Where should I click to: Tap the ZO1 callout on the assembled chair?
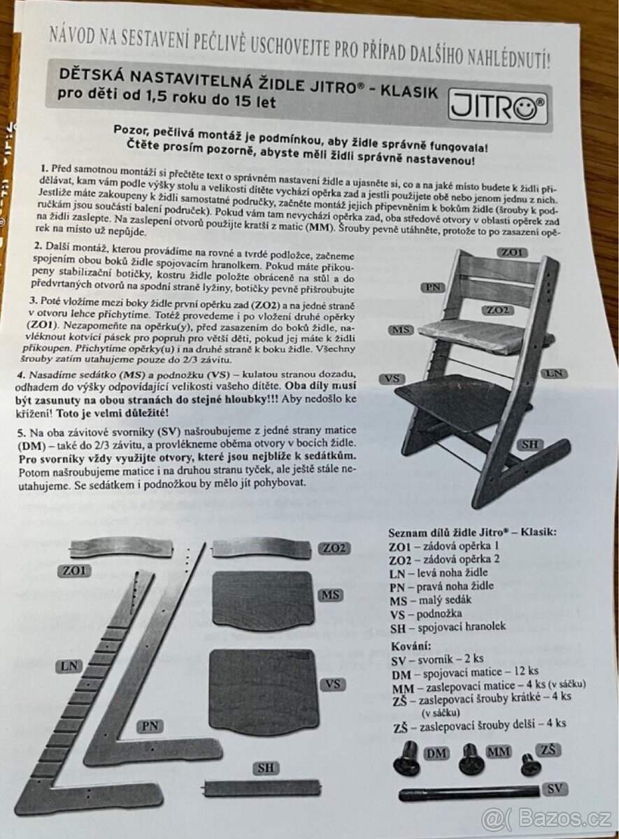click(x=512, y=252)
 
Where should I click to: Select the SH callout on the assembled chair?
click(x=529, y=445)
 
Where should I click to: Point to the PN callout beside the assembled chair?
click(x=433, y=287)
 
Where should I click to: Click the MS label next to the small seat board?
click(x=331, y=595)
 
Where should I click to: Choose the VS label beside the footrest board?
click(x=333, y=684)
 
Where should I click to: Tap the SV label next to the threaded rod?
click(x=555, y=789)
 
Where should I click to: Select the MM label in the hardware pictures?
click(x=499, y=751)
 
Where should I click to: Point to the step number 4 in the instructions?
click(x=21, y=375)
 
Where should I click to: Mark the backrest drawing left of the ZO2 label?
click(x=262, y=550)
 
